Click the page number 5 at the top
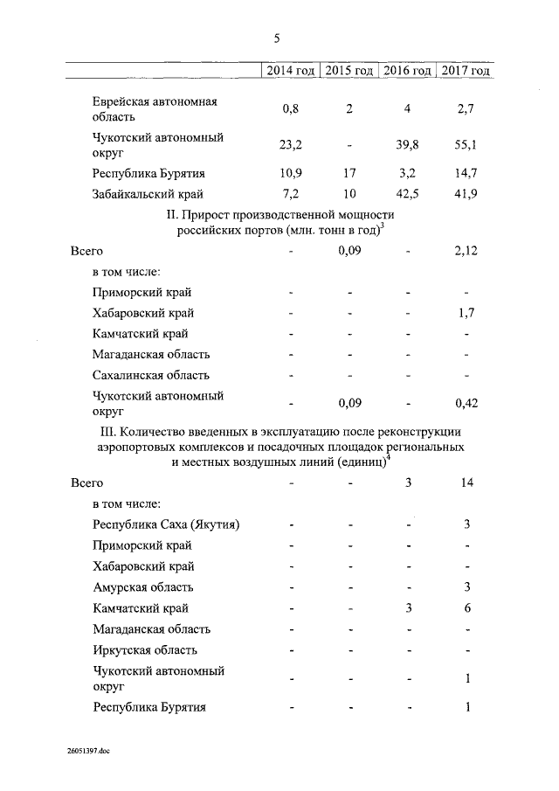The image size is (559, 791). click(x=277, y=38)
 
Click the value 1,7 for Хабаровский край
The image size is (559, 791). click(x=467, y=313)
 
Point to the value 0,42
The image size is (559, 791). click(x=466, y=403)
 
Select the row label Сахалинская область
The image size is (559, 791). click(x=151, y=375)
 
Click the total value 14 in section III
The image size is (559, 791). click(x=467, y=482)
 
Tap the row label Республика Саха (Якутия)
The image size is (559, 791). click(x=166, y=524)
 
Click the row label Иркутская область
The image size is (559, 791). click(x=145, y=650)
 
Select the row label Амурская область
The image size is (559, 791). click(x=143, y=587)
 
